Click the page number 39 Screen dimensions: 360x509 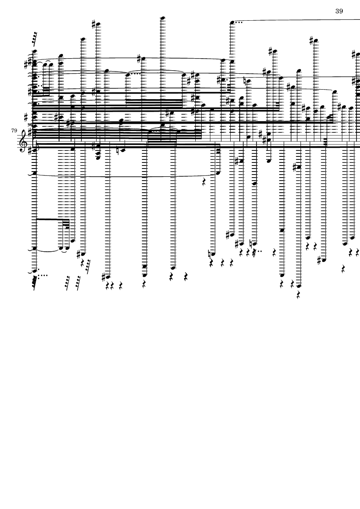(339, 11)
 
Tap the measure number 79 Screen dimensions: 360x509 (14, 131)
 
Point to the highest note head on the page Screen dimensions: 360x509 (163, 18)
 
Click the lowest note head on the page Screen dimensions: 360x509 (299, 286)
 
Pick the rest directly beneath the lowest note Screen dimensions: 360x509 (299, 295)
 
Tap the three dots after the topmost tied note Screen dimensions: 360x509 (238, 22)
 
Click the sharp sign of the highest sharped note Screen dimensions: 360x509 (94, 24)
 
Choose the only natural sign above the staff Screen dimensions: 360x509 (245, 81)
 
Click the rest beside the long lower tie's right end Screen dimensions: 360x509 (204, 182)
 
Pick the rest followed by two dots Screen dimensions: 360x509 (254, 252)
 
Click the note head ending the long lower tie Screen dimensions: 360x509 (218, 173)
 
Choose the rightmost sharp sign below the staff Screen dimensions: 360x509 (319, 260)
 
